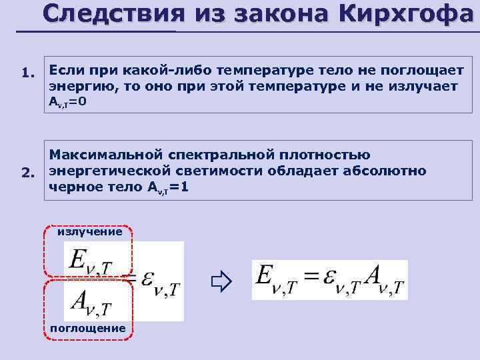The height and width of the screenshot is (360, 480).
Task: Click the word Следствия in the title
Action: click(x=110, y=14)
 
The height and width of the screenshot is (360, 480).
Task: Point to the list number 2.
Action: click(x=27, y=174)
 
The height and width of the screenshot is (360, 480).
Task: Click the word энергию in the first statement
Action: click(x=75, y=87)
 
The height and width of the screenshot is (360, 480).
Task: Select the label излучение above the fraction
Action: click(x=89, y=232)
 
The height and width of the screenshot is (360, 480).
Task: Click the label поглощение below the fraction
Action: click(x=87, y=328)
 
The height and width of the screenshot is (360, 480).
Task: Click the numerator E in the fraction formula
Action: click(x=76, y=259)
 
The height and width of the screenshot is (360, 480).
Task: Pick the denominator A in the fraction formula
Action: click(x=78, y=303)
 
